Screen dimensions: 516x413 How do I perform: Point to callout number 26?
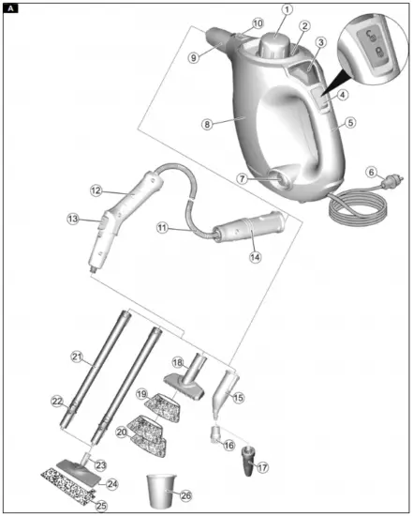[184, 494]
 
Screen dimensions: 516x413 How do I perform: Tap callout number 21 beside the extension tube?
[77, 357]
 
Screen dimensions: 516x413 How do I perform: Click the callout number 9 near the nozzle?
[196, 57]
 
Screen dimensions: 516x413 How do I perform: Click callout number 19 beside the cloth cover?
[142, 394]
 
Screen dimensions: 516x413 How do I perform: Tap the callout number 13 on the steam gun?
[74, 219]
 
